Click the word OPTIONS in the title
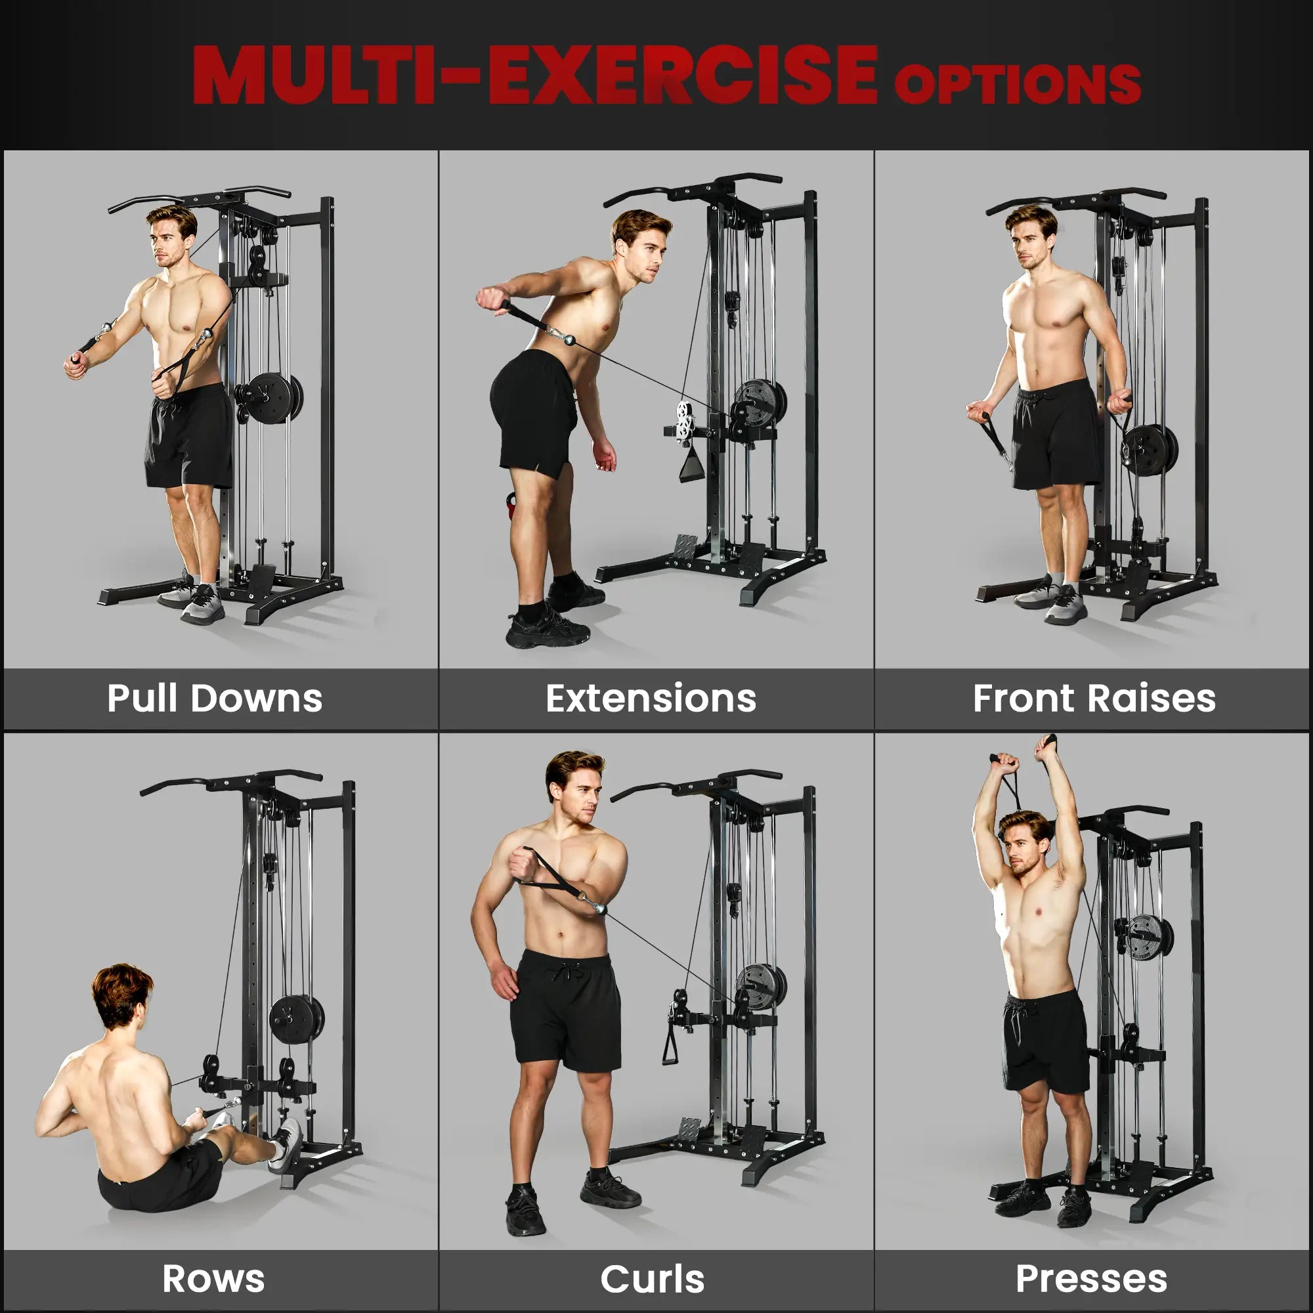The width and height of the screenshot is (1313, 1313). coord(1017,83)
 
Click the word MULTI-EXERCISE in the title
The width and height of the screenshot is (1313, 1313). coord(535,75)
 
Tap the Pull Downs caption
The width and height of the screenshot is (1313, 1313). coord(215,698)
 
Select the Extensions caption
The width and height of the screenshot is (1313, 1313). coord(651,698)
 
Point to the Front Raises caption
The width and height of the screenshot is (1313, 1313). coord(1094,698)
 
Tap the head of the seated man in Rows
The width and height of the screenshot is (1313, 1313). coord(122,995)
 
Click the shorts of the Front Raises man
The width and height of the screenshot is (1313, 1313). coord(1055,435)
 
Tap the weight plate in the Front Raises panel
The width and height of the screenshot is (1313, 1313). coord(1148,448)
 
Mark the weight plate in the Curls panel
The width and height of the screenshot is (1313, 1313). coord(759,985)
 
